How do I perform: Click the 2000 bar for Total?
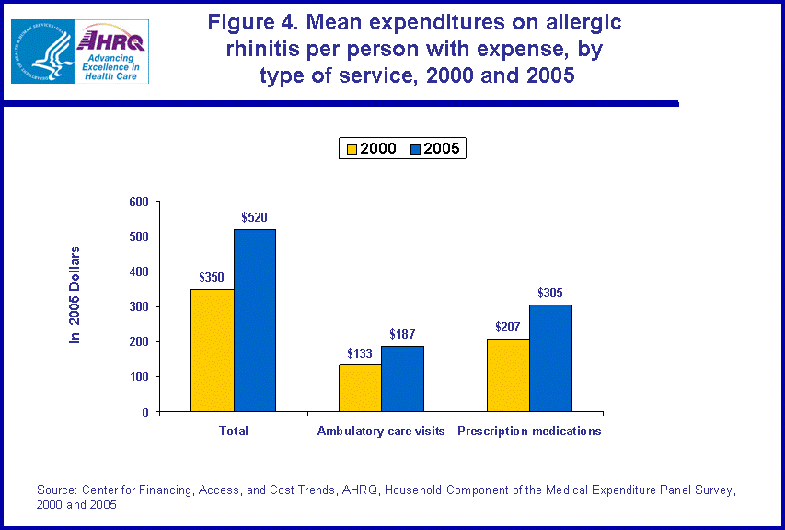[212, 351]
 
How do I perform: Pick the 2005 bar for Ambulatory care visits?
[402, 379]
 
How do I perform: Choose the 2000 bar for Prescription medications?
[508, 375]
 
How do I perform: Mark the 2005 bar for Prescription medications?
[550, 358]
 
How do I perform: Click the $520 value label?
[254, 218]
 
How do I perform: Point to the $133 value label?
[360, 353]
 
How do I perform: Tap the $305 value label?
[550, 294]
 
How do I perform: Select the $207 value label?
[508, 328]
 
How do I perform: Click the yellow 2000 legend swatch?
[351, 148]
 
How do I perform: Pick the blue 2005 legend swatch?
[415, 148]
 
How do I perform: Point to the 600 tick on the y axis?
[139, 202]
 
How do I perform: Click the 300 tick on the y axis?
[139, 307]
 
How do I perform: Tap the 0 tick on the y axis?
[144, 412]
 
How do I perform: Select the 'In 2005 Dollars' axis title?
[75, 295]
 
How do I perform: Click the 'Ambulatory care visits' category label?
[381, 431]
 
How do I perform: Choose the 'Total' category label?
[234, 431]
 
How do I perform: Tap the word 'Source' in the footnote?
[57, 490]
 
